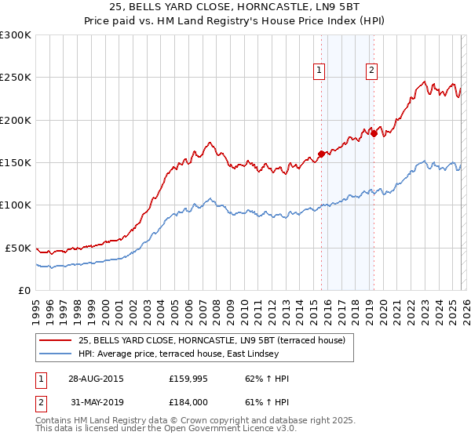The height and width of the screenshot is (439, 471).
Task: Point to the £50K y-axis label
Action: tap(17, 248)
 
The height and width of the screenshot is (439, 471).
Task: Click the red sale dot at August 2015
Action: tap(322, 154)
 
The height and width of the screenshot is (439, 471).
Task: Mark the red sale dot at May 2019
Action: tap(374, 133)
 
